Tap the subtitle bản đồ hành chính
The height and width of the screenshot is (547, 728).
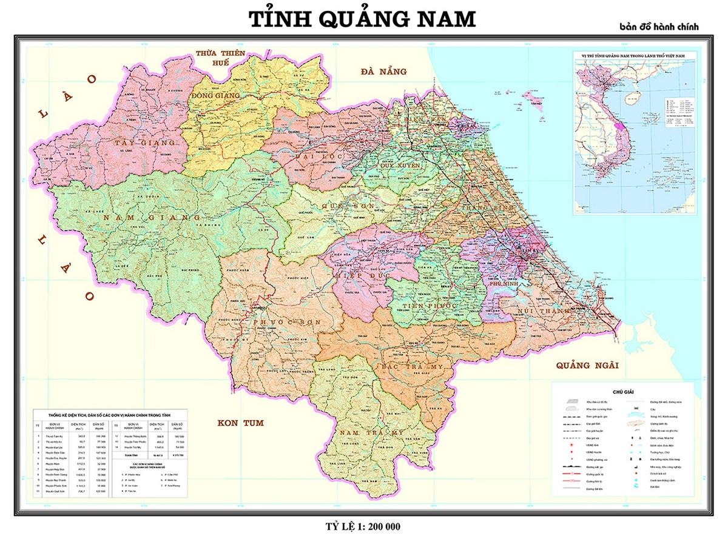click(659, 27)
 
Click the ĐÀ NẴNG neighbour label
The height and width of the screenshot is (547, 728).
click(382, 72)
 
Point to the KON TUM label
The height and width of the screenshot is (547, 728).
click(241, 423)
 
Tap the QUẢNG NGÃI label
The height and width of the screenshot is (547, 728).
click(587, 365)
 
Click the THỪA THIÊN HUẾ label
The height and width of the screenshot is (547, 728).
click(220, 58)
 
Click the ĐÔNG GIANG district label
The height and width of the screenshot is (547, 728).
click(215, 96)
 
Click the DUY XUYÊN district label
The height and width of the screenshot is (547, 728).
click(400, 165)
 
